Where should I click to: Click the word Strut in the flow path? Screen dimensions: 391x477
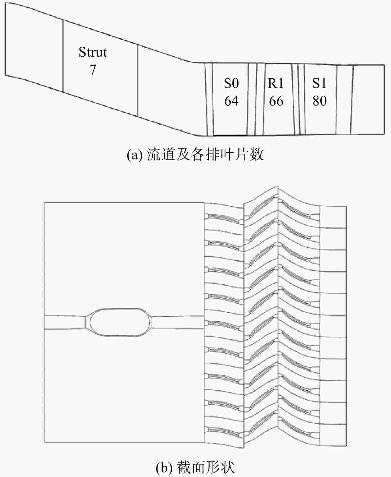tap(93, 52)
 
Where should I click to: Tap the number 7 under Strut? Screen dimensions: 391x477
tap(93, 70)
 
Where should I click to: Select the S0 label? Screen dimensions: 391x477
tap(231, 83)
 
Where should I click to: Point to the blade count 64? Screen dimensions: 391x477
tap(231, 101)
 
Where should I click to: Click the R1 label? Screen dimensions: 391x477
tap(276, 83)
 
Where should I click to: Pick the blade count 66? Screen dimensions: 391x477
tap(276, 101)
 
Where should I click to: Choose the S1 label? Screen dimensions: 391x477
tap(319, 83)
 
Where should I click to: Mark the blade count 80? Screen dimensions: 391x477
tap(319, 101)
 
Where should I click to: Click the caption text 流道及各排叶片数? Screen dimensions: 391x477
tap(205, 155)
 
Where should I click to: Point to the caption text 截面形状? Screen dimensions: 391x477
tap(206, 467)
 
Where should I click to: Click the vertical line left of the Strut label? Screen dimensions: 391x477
tap(63, 56)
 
